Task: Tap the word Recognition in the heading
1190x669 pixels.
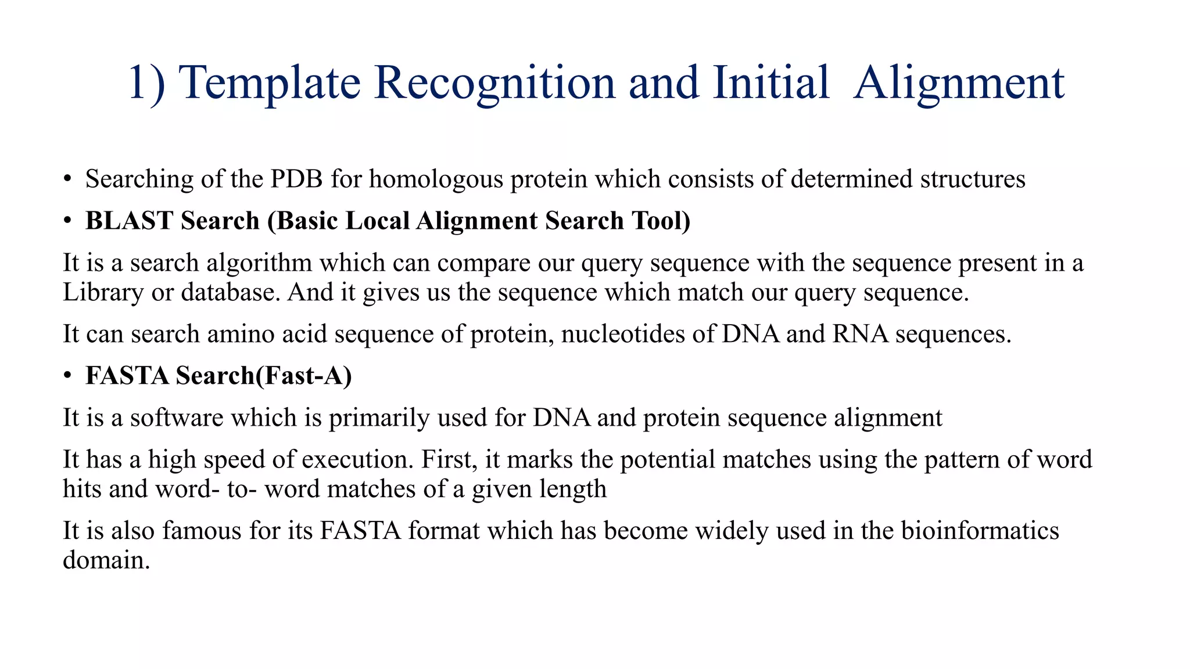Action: pos(494,82)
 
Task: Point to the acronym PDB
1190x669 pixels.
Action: pos(296,179)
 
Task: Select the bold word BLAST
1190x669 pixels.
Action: pos(129,221)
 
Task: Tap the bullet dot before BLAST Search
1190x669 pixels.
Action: pos(68,221)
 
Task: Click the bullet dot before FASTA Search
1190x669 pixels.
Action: pos(68,376)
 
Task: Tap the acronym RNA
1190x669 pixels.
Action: pos(860,334)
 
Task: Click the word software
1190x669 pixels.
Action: pos(177,418)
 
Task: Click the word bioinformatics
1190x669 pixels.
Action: pos(980,531)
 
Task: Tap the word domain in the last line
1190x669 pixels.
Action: pos(106,560)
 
